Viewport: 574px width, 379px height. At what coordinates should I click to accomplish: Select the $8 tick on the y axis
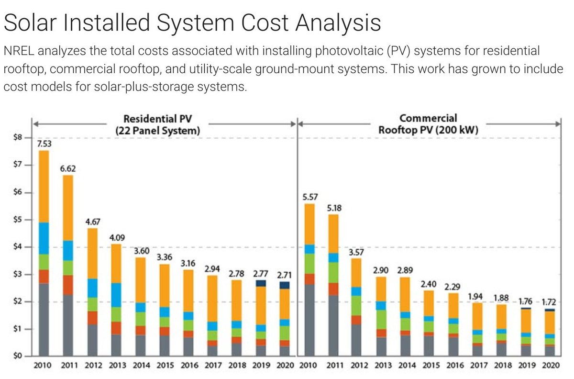point(18,138)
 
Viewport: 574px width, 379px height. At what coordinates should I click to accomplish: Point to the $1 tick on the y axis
point(18,329)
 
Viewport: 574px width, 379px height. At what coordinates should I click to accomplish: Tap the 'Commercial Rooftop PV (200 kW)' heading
point(428,123)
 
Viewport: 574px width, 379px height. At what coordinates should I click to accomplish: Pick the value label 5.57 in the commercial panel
point(310,196)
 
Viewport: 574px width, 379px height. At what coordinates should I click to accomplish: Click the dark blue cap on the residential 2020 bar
point(284,285)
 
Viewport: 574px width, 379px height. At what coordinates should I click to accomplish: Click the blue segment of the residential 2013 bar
point(116,295)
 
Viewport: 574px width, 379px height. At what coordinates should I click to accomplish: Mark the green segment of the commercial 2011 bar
point(334,272)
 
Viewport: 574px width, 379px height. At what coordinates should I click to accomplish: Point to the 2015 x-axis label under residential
point(165,366)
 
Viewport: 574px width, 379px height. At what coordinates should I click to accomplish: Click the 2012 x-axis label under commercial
point(358,366)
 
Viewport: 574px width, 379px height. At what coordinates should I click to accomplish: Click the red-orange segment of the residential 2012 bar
point(92,318)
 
